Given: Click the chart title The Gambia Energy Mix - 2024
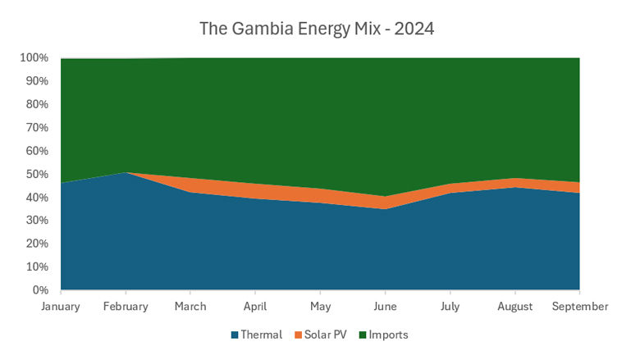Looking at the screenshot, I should [x=317, y=29].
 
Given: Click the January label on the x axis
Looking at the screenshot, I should [x=61, y=307].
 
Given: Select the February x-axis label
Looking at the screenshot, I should [x=126, y=307].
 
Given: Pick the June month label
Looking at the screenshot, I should [x=385, y=307].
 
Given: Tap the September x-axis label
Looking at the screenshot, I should [x=579, y=307].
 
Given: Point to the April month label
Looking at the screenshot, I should [x=255, y=307].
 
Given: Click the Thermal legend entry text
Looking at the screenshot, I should [x=263, y=335].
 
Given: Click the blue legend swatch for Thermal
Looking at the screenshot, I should [x=236, y=335].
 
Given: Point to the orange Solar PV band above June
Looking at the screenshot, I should [x=385, y=203].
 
